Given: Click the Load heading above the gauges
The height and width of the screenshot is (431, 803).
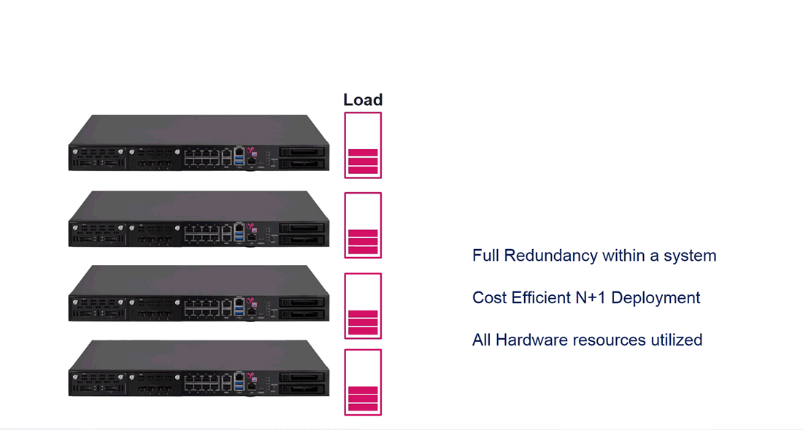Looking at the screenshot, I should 363,100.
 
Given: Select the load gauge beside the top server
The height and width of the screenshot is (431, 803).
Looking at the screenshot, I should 363,145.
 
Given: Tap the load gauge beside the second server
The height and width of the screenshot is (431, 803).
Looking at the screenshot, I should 363,226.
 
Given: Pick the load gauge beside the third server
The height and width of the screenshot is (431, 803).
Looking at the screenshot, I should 363,306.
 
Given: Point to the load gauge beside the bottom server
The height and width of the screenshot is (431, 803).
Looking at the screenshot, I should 363,382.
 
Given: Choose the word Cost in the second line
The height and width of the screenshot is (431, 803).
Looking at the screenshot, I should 488,298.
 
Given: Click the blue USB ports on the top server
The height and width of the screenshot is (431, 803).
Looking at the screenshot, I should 239,156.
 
